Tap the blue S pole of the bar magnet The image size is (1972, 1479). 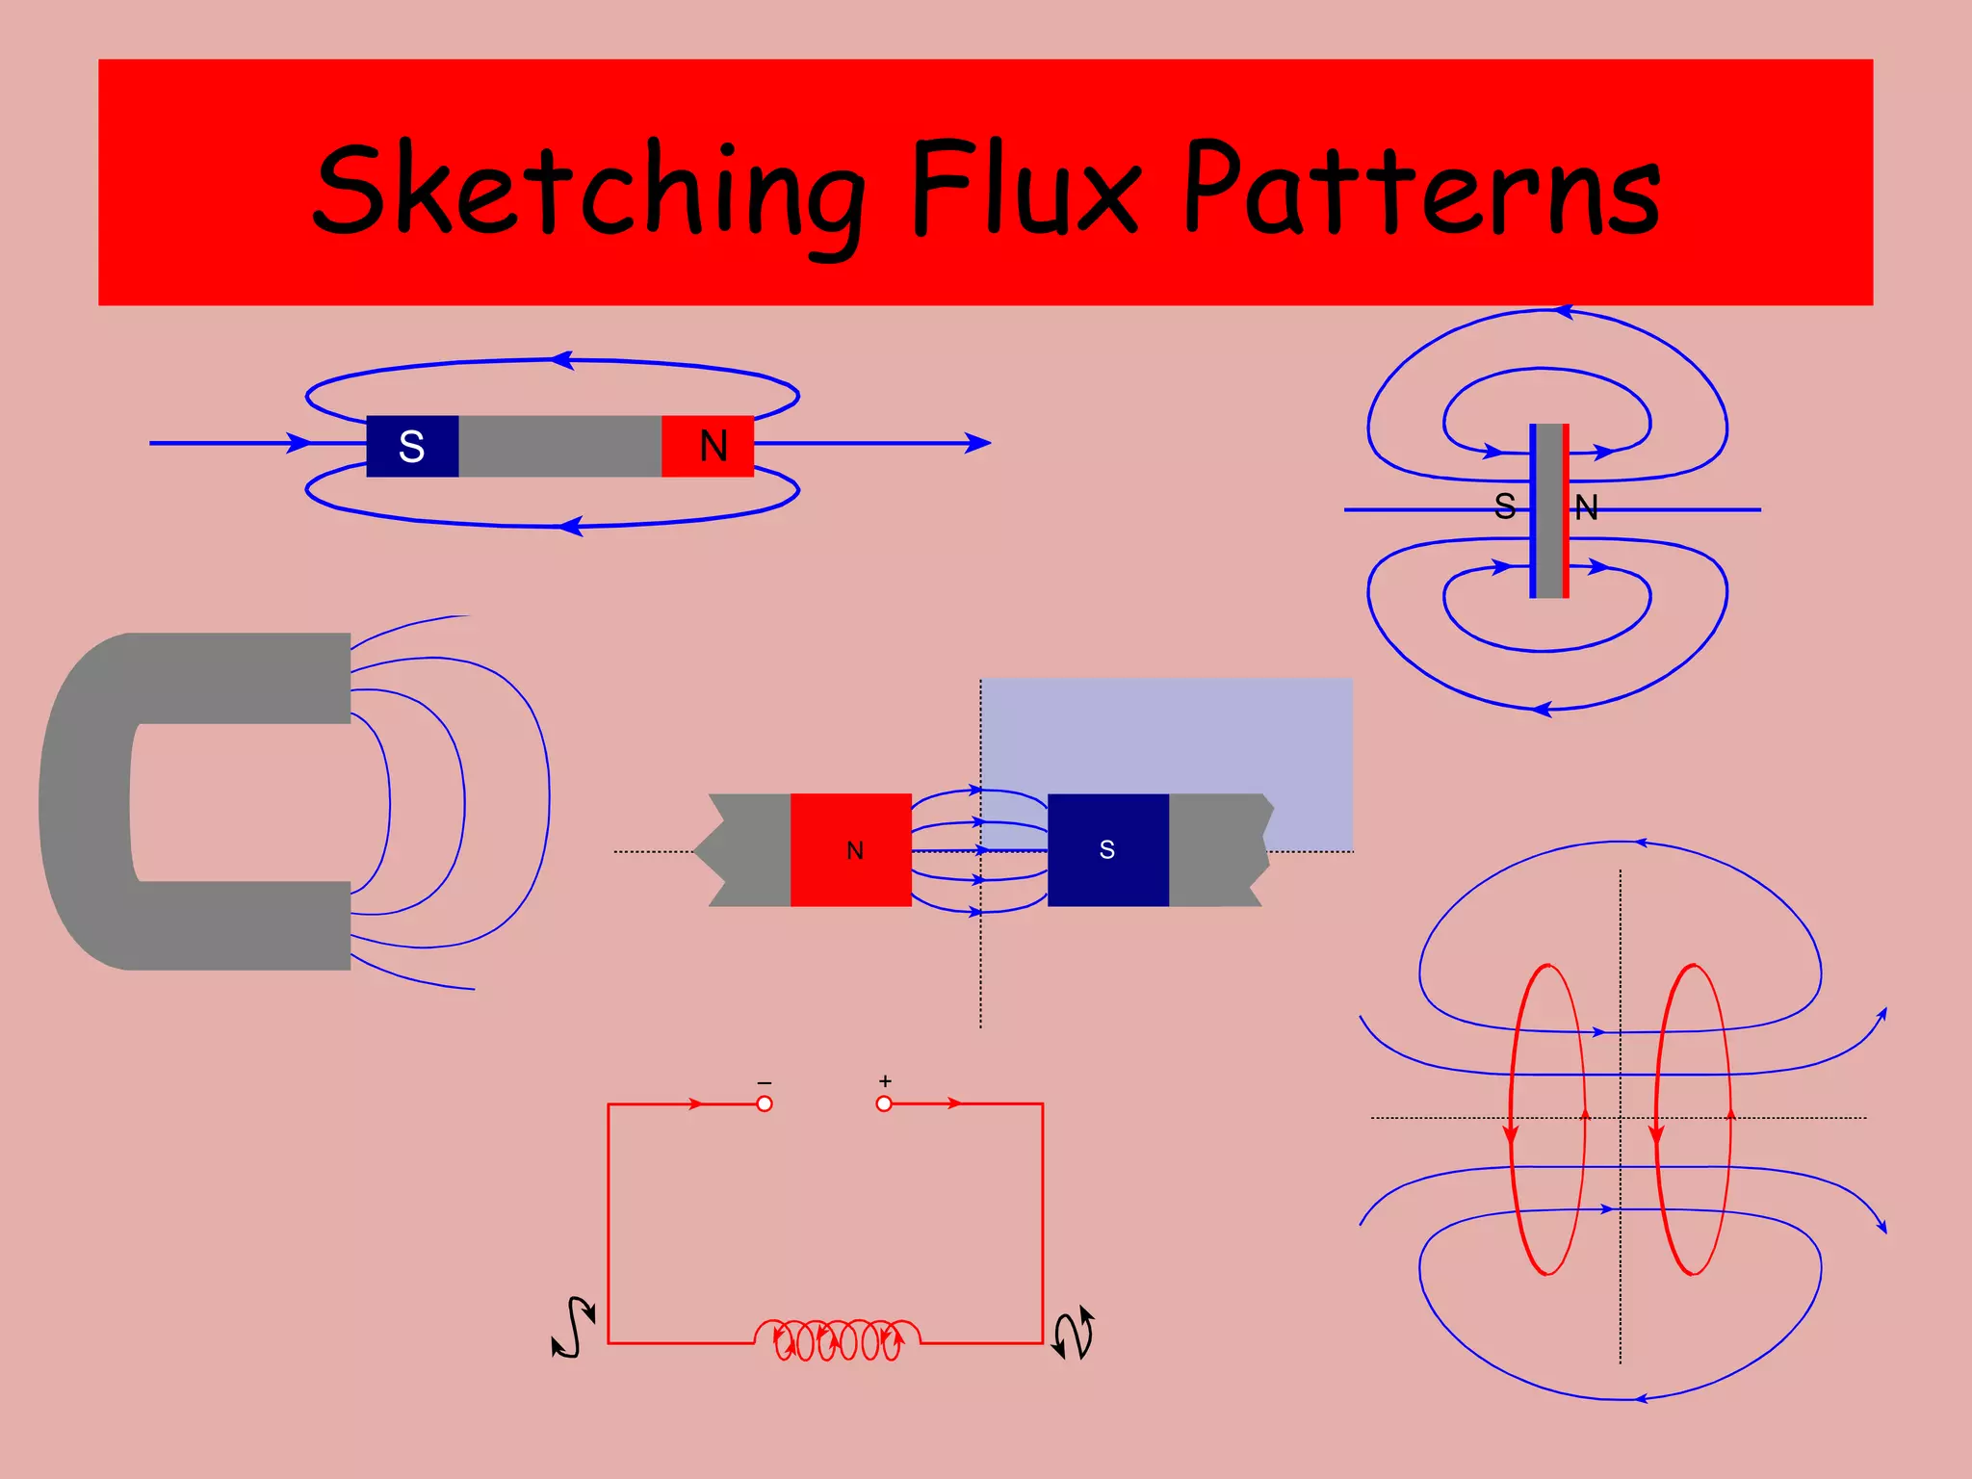coord(412,446)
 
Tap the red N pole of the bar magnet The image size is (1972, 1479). coord(709,446)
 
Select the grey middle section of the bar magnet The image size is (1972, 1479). coord(559,446)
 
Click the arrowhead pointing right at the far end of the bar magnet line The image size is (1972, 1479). coord(977,443)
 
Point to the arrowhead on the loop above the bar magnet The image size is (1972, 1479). coord(562,360)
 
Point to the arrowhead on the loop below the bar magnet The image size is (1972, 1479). coord(571,526)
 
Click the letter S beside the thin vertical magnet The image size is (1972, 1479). coord(1505,506)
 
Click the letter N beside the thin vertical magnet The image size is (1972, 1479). coord(1586,507)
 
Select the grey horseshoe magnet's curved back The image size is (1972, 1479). coord(82,799)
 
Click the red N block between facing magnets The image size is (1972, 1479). coord(851,849)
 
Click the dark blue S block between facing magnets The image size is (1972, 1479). coord(1107,849)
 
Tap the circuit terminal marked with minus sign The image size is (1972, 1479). coord(765,1103)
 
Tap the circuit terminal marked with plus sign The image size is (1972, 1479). coord(884,1103)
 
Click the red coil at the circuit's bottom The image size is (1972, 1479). coord(838,1338)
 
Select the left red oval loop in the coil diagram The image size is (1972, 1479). coord(1547,1119)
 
